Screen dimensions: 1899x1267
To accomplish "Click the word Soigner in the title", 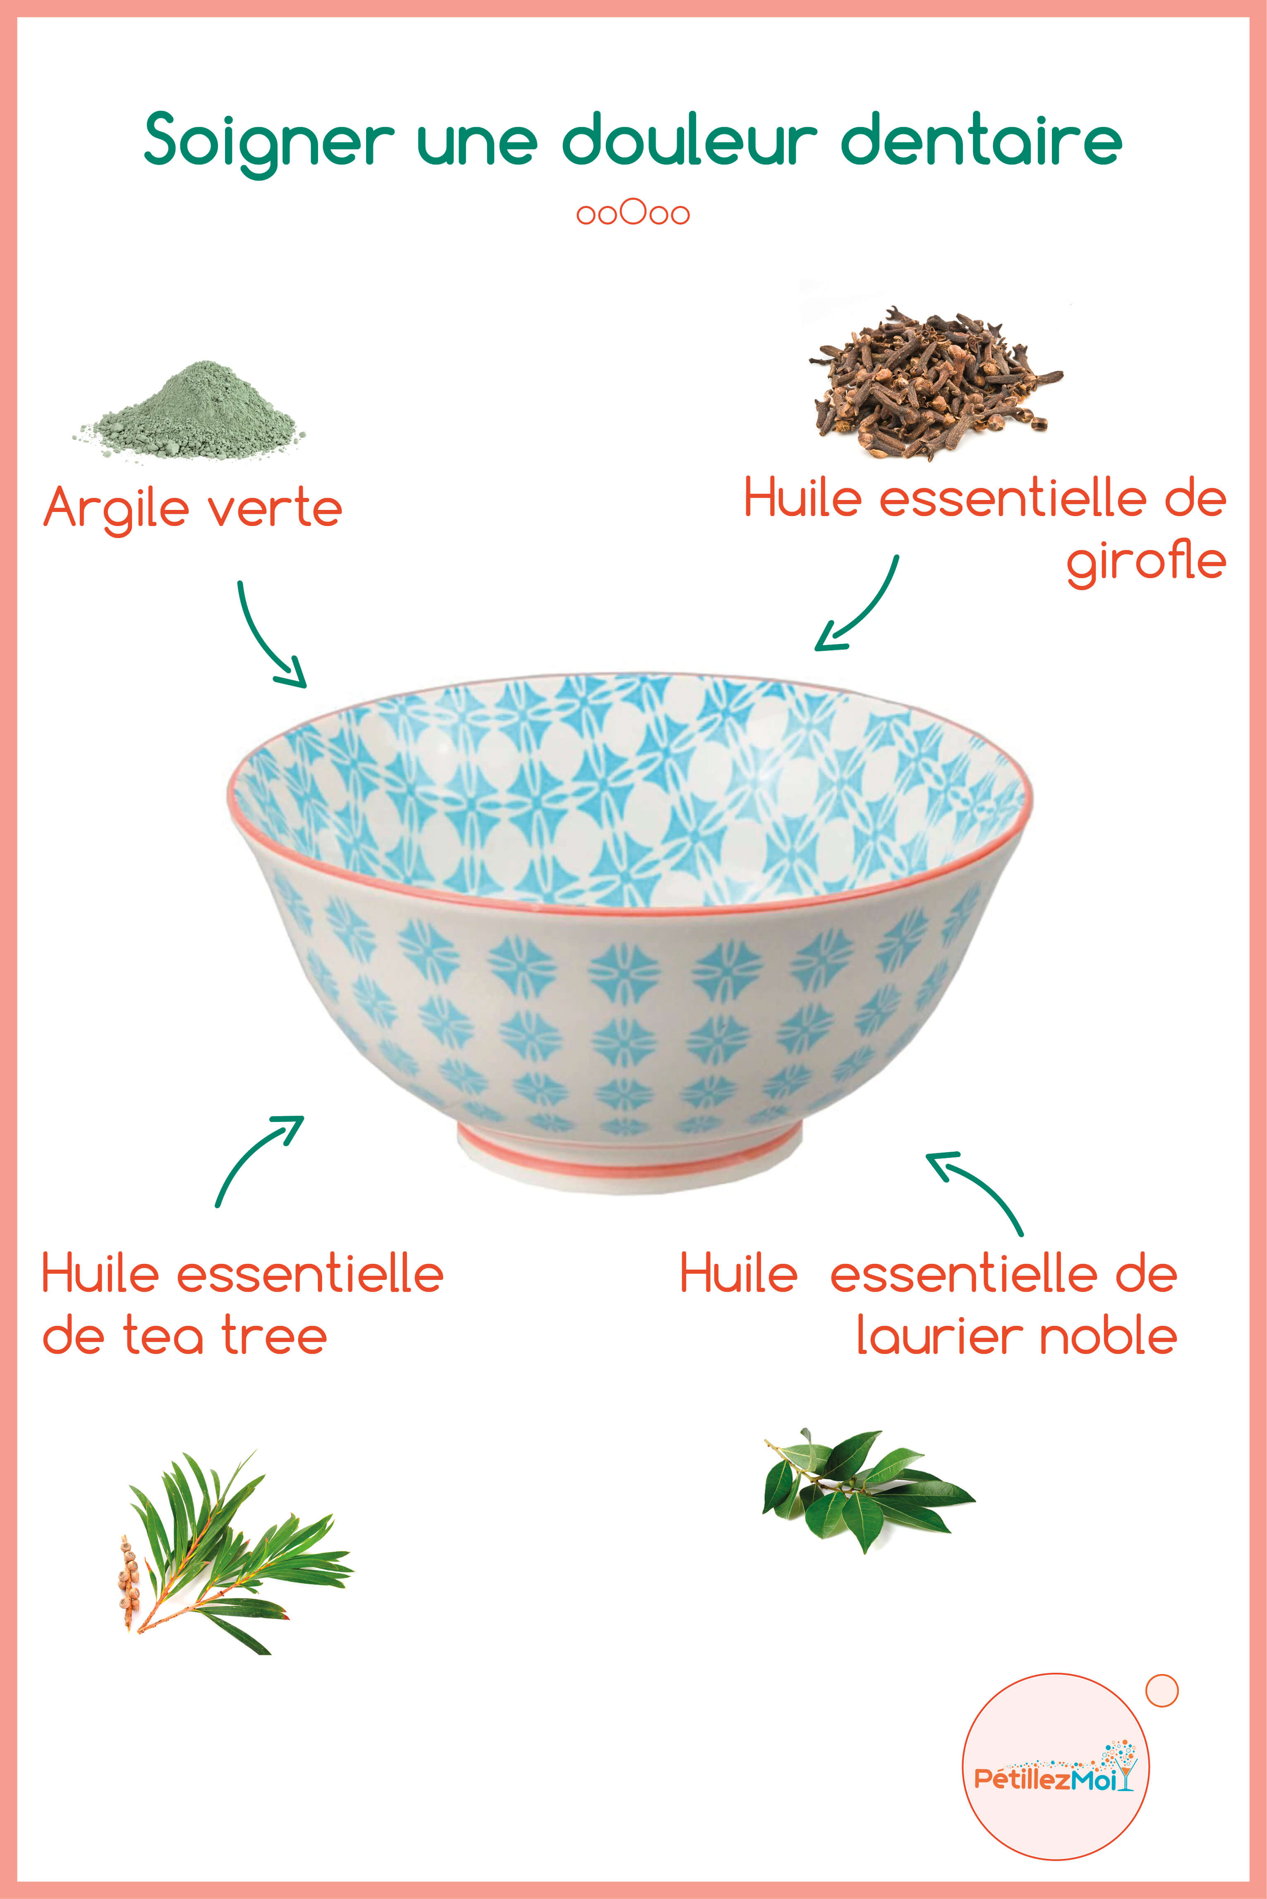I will (268, 141).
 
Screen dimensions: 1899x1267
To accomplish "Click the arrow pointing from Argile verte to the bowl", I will (269, 638).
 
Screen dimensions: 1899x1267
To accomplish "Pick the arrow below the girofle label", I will (860, 607).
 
